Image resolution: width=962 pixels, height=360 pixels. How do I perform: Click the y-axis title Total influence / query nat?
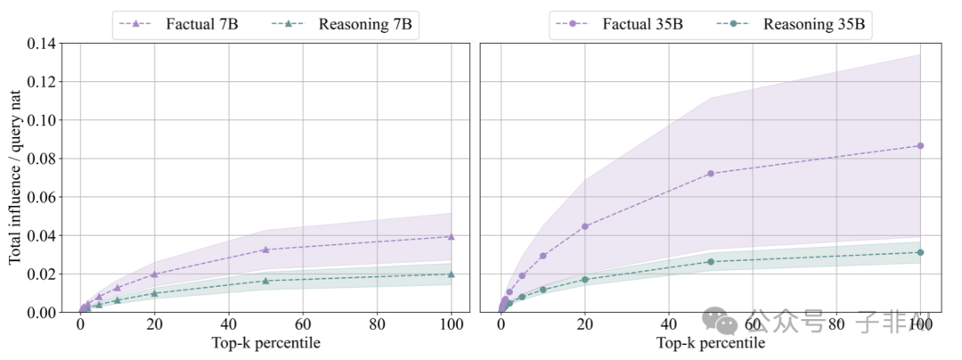(x=15, y=178)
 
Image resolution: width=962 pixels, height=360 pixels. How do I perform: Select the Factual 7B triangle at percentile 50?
(x=265, y=250)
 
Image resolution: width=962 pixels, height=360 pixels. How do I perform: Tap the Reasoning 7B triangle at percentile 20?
(x=154, y=293)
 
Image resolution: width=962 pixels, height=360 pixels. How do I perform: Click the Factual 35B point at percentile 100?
(x=920, y=145)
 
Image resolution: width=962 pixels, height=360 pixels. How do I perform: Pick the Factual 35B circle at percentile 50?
(x=711, y=173)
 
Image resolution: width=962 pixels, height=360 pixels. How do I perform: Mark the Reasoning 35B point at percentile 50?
(x=711, y=261)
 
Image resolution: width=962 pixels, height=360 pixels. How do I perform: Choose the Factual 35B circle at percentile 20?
(x=584, y=226)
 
